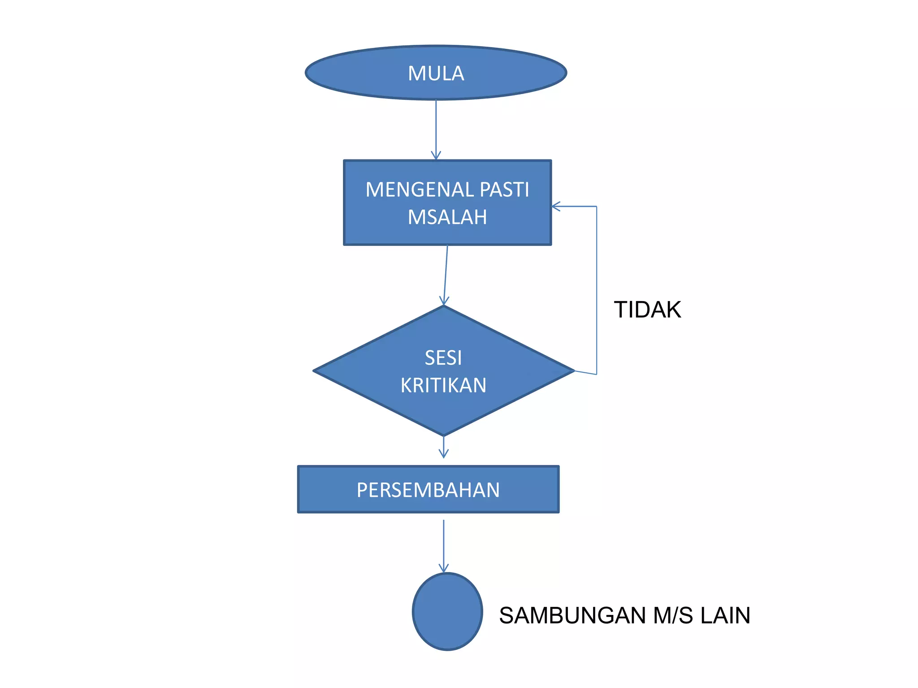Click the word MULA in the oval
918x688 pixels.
(436, 73)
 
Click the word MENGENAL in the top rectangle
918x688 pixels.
(420, 189)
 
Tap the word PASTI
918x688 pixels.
(504, 189)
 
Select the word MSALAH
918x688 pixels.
(447, 217)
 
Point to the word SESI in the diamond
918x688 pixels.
(443, 358)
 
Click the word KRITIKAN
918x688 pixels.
(443, 386)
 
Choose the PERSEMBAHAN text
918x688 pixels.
(428, 490)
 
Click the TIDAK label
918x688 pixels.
(647, 310)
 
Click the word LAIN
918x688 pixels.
(725, 615)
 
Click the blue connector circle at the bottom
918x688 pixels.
(447, 612)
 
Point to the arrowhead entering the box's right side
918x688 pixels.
(556, 206)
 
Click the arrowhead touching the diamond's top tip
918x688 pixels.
(444, 301)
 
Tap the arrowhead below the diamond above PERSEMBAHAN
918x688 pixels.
(443, 454)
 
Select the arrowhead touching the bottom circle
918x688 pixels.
(443, 569)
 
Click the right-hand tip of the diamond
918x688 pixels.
(573, 371)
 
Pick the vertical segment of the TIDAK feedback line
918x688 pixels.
(597, 291)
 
